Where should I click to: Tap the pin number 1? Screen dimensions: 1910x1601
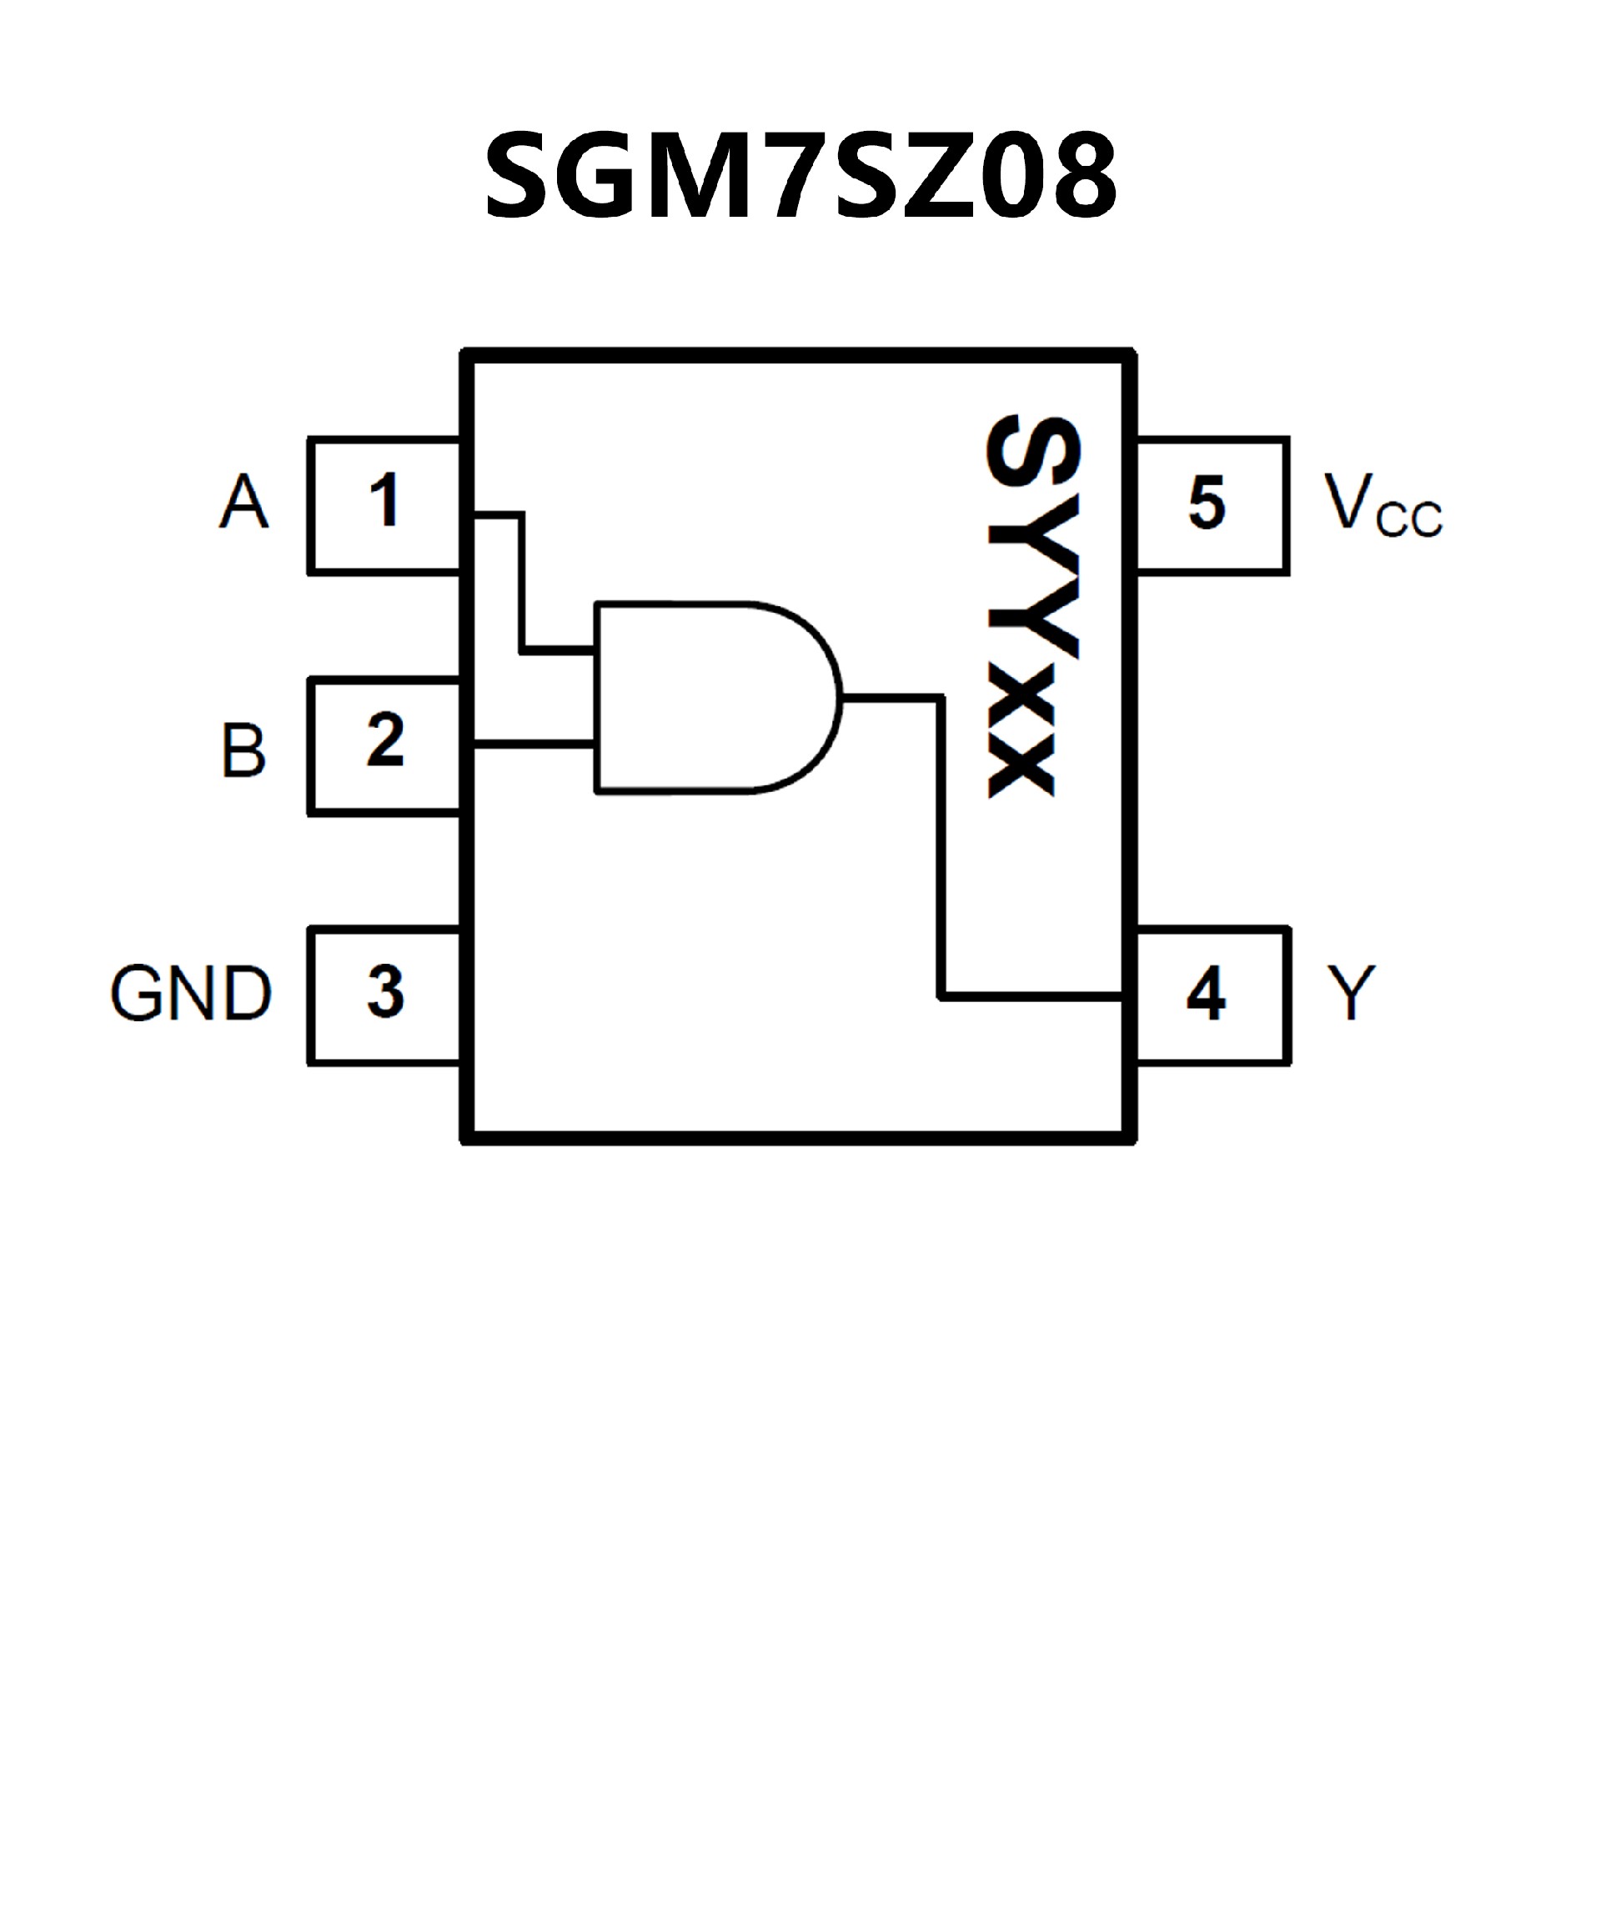[x=384, y=499]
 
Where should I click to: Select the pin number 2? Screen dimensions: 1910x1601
[x=384, y=739]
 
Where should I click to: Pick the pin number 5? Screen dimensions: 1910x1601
[x=1207, y=503]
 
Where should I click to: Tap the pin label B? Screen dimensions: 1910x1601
[x=243, y=750]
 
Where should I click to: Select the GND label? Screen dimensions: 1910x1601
[x=191, y=993]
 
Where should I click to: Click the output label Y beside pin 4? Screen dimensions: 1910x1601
[x=1351, y=993]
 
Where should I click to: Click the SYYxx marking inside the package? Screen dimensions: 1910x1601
[x=1032, y=607]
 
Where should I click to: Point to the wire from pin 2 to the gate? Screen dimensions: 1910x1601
[x=535, y=744]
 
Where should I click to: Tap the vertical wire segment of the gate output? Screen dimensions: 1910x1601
[x=941, y=846]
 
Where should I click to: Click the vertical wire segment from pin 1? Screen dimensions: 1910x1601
[x=522, y=582]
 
